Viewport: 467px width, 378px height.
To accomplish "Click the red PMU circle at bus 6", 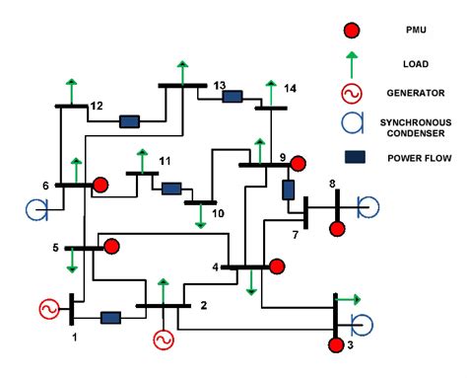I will [x=100, y=185].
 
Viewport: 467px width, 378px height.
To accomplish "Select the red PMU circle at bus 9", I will [x=298, y=163].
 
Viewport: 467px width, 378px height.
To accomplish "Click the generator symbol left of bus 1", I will [x=48, y=309].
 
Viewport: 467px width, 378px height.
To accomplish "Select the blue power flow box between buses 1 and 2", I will [x=110, y=318].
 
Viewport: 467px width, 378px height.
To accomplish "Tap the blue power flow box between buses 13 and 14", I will [x=233, y=97].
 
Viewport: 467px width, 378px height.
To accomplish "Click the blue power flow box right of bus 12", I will [x=129, y=122].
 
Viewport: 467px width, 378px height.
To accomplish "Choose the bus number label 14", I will [x=289, y=89].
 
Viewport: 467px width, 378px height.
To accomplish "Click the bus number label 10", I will [x=218, y=213].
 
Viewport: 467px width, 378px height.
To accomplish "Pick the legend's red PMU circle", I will [x=351, y=30].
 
